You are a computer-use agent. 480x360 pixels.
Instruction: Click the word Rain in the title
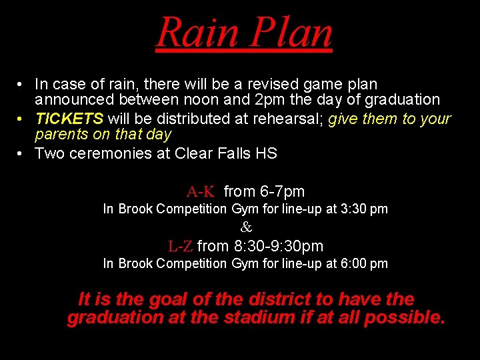(x=198, y=32)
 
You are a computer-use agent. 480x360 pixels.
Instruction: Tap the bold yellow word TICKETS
(x=69, y=119)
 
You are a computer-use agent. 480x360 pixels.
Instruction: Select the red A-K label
(x=201, y=192)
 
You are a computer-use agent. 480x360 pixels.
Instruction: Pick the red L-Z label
(x=181, y=246)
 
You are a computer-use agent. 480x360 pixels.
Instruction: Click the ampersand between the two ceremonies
(x=246, y=227)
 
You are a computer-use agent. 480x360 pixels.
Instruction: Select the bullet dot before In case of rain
(x=22, y=85)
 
